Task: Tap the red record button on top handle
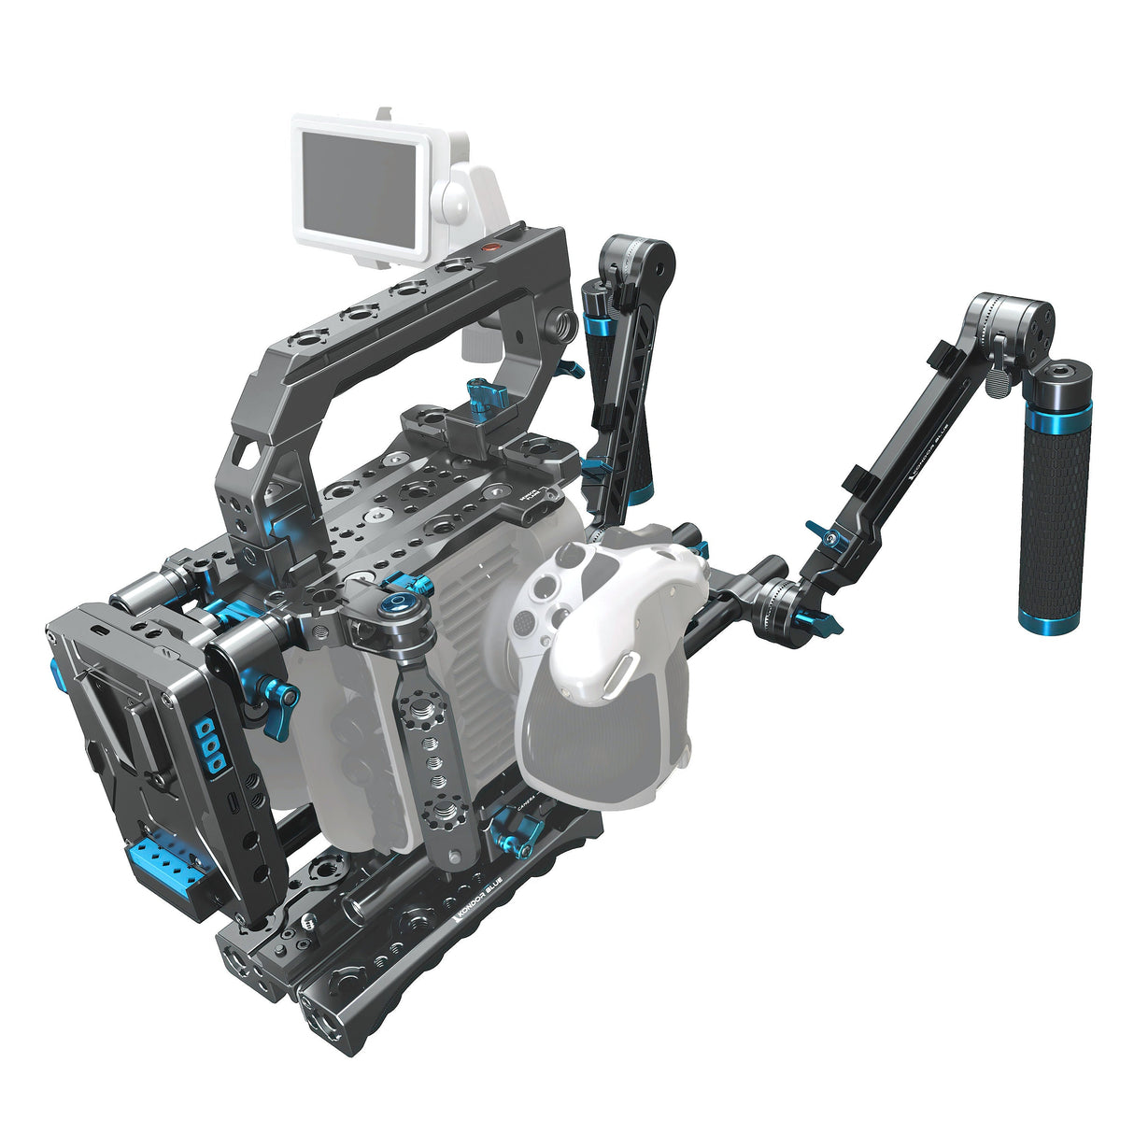[x=489, y=248]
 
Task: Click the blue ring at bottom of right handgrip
[x=1043, y=620]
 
